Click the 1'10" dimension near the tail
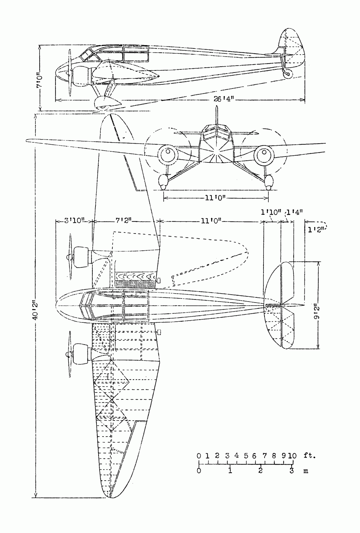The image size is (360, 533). (x=271, y=212)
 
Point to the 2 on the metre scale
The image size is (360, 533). (x=260, y=471)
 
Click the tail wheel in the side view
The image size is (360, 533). (x=287, y=74)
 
